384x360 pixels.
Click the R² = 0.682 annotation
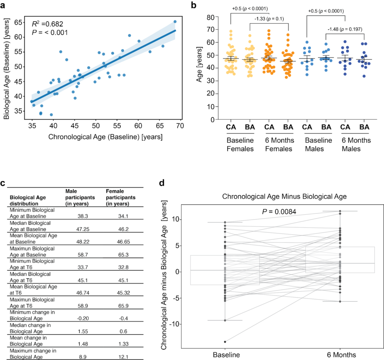pos(48,24)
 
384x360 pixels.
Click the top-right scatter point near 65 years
pos(175,21)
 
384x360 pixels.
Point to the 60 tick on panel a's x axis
pos(138,126)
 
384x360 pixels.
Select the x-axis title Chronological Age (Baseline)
pos(105,137)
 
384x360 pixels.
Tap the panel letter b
pos(193,5)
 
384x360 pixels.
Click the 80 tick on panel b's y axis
pos(211,17)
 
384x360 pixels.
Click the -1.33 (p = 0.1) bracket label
pos(269,19)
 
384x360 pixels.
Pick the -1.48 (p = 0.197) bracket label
pos(345,29)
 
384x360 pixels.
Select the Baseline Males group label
pos(318,145)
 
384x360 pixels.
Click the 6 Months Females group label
pos(279,145)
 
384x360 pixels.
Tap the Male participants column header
pos(80,197)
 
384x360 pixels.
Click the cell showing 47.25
pos(83,229)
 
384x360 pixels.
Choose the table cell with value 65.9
pos(123,306)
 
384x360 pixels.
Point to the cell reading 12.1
pos(123,357)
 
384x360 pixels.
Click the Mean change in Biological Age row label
pos(28,341)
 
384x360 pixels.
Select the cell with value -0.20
pos(83,318)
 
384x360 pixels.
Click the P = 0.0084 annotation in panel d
pos(279,212)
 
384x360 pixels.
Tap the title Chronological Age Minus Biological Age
pos(284,196)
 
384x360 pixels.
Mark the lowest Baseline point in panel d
pos(225,342)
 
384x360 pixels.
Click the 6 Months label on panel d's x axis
pos(341,355)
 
